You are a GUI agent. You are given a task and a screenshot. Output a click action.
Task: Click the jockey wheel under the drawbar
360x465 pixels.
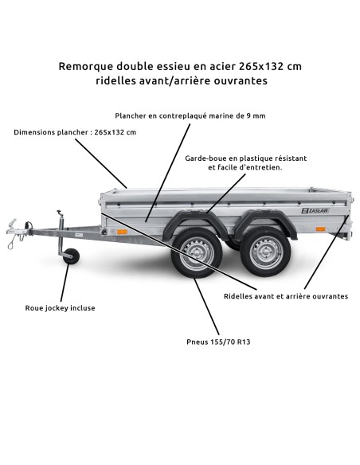(72, 258)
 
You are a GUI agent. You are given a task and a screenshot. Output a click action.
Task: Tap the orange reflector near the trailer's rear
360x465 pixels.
(320, 229)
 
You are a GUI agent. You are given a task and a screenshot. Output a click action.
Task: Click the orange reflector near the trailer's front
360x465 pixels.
(122, 232)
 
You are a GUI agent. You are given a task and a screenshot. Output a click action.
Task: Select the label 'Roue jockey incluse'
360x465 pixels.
(60, 307)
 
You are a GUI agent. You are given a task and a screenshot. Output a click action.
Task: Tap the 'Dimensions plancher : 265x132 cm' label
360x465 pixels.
(75, 132)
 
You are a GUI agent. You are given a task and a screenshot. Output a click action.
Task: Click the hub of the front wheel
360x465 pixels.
(195, 256)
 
